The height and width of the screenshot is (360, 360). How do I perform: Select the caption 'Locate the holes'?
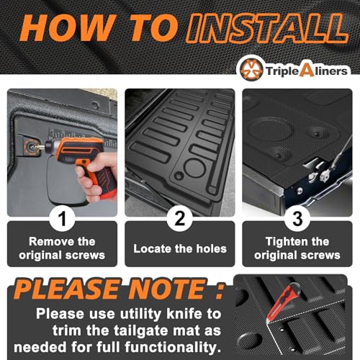click(x=179, y=248)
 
